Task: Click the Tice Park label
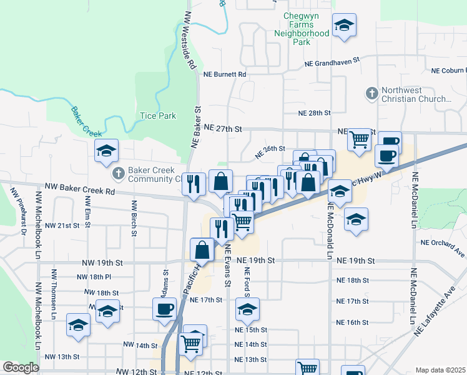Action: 158,116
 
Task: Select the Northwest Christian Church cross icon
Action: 371,94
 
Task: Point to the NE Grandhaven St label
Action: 333,63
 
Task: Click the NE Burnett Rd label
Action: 225,74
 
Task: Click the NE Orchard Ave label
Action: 443,247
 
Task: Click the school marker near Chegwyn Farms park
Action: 343,26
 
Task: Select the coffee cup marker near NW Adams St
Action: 165,309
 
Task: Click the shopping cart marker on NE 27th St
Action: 359,139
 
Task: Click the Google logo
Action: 21,367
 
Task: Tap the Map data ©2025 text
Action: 440,370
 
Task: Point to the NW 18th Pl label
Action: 94,276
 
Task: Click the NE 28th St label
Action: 313,113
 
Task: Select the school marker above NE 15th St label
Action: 247,309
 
